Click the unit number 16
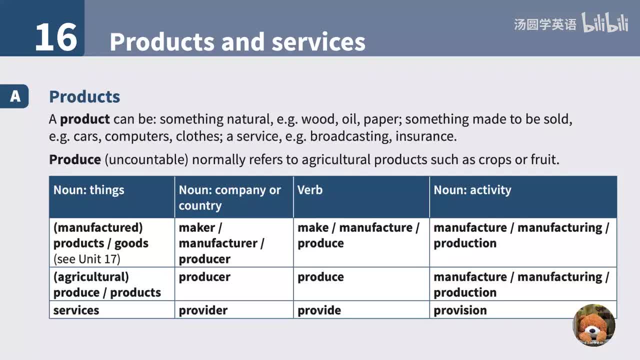[56, 37]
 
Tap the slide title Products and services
[237, 42]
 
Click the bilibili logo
[605, 23]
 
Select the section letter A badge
[15, 96]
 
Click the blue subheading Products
[84, 96]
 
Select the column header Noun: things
[89, 190]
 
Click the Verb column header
[310, 190]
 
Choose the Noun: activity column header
[472, 190]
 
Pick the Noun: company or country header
[229, 197]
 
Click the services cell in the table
[76, 310]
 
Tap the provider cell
[203, 310]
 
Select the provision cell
[460, 310]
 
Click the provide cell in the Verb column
[319, 310]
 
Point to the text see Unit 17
[87, 259]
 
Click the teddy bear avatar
[594, 325]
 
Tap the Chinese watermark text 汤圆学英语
[545, 24]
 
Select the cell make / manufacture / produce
[358, 235]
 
